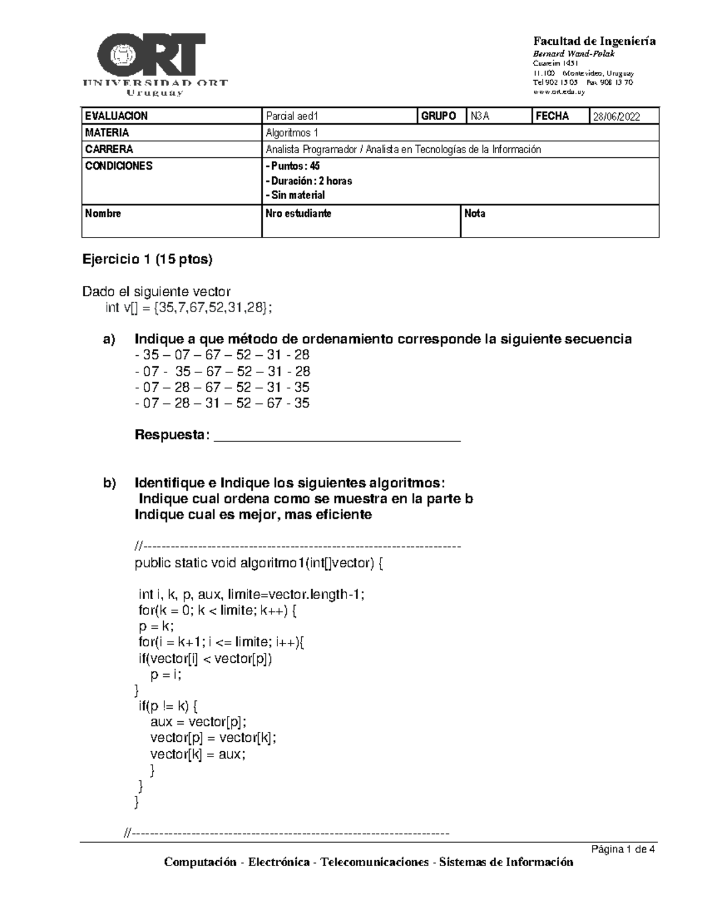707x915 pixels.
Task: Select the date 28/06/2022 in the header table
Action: click(616, 117)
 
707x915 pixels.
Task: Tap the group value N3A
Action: click(480, 117)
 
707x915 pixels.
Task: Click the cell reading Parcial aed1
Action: click(292, 117)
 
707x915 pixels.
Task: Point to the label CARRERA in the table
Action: click(109, 149)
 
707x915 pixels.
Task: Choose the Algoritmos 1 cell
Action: click(292, 133)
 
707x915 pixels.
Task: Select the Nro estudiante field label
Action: click(299, 213)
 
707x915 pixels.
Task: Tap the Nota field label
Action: click(475, 213)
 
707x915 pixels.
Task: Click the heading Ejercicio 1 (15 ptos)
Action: click(147, 259)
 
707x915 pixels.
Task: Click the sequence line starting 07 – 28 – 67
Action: click(222, 387)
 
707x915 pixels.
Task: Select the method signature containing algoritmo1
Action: click(259, 563)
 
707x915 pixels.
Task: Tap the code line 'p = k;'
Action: click(157, 626)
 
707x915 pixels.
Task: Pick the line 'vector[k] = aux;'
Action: click(198, 754)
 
